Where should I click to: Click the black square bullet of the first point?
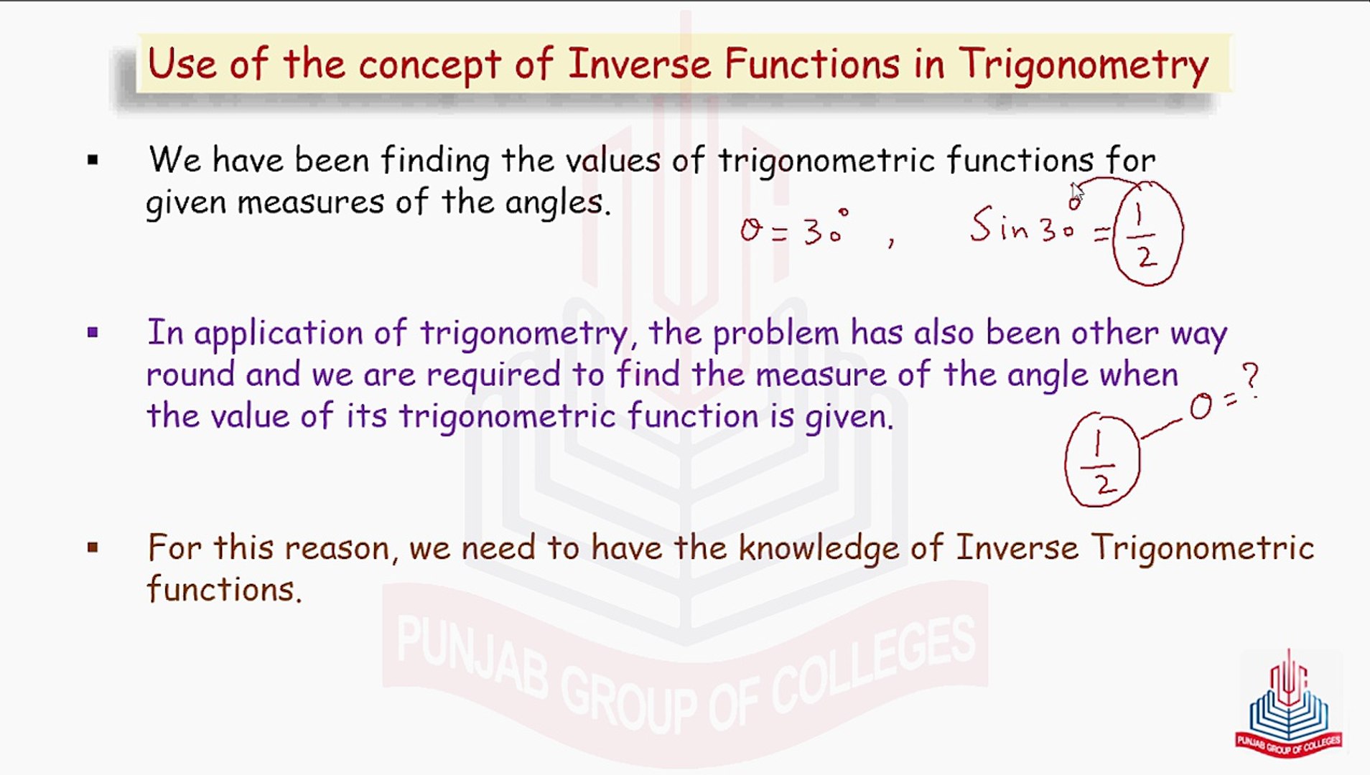(93, 160)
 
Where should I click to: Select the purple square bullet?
(93, 332)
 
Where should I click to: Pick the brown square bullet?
(93, 548)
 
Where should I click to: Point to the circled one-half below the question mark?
(1101, 460)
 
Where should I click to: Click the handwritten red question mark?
(1250, 380)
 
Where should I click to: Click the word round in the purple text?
(190, 375)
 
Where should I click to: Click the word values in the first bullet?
(612, 160)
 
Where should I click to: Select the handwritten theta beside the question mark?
(1200, 408)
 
